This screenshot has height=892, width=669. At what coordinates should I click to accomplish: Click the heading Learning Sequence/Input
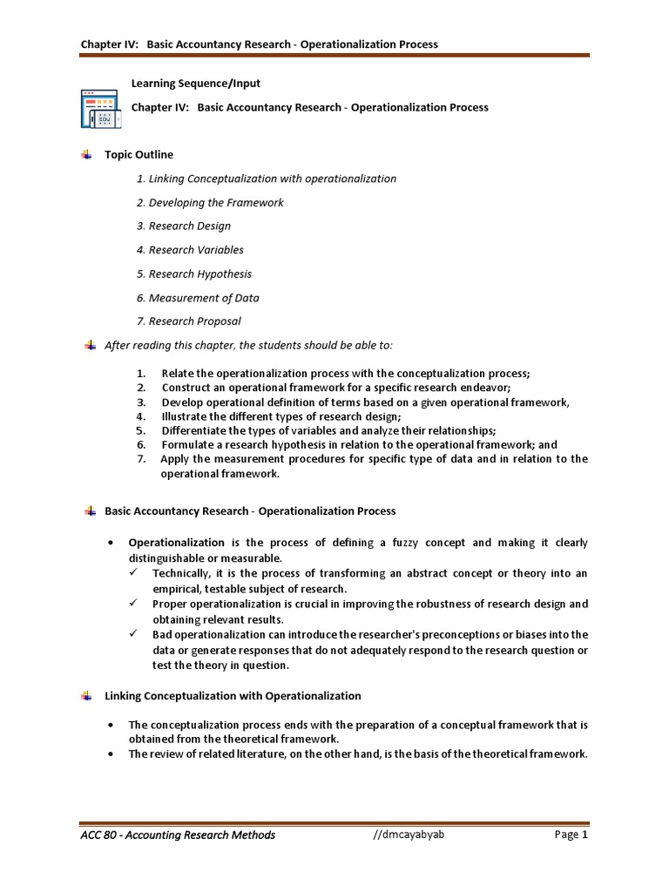coord(196,84)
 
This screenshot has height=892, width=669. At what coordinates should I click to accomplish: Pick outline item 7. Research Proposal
coord(194,321)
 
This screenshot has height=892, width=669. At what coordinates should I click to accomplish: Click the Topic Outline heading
coord(139,155)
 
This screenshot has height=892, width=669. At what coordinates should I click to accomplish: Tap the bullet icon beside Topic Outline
coord(86,155)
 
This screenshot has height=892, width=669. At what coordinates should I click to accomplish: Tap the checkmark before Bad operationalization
coord(133,634)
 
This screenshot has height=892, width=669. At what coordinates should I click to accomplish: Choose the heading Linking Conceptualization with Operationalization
coord(233,696)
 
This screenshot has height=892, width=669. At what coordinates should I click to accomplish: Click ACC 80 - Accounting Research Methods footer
coord(177,835)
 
